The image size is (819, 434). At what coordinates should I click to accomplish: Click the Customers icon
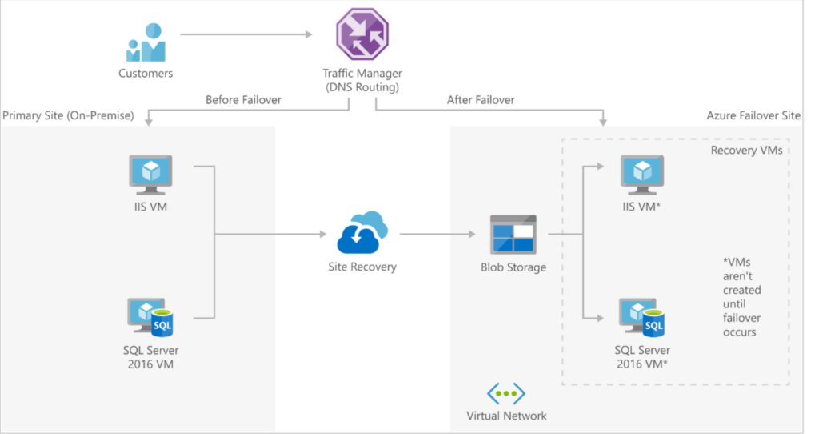[x=146, y=42]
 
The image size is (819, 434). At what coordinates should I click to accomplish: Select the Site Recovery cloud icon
[x=362, y=233]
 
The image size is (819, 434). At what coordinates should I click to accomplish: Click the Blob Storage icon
[x=513, y=235]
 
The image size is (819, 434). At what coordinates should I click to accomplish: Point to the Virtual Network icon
[x=506, y=393]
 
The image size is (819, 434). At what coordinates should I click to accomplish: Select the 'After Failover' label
[x=481, y=100]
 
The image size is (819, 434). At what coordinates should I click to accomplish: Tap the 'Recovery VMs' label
[x=745, y=150]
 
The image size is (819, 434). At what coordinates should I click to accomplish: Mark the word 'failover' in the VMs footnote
[x=741, y=318]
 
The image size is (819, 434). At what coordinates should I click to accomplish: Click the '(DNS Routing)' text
[x=362, y=86]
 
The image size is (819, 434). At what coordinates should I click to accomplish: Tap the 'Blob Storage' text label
[x=513, y=267]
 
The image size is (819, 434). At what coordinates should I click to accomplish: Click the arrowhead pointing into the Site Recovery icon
[x=322, y=235]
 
